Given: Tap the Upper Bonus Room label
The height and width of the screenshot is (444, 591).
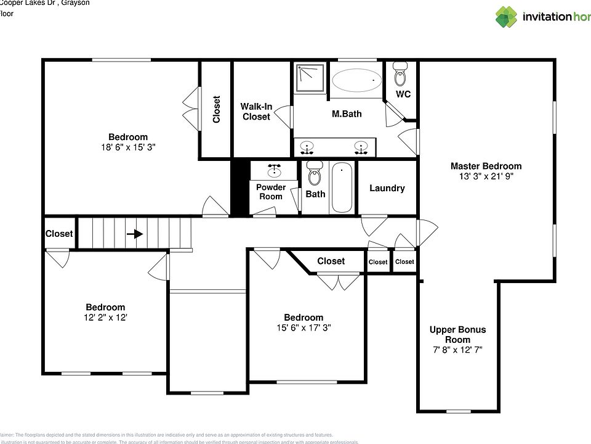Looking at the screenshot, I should point(457,334).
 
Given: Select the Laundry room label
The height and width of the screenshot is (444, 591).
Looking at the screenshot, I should point(387,188).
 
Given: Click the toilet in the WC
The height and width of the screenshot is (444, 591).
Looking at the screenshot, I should point(400,75).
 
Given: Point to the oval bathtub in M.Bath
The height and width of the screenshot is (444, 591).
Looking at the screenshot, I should point(356,81).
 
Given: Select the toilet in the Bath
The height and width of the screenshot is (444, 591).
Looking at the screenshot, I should point(315,174).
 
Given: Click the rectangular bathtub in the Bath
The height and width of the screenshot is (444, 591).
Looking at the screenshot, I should point(342,187).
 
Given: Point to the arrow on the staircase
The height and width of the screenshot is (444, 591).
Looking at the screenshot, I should point(135,234).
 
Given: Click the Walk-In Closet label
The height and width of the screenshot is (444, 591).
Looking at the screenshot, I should point(256,112).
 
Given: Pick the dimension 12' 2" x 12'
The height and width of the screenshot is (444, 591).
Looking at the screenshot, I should point(105,318).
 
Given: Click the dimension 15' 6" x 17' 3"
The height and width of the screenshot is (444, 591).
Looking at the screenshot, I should point(304,328).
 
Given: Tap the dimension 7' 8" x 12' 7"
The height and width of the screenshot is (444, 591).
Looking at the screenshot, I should point(457,350).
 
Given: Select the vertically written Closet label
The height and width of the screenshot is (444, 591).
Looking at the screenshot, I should point(216,109).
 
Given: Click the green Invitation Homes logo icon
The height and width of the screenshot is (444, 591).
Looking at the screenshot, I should point(507,17).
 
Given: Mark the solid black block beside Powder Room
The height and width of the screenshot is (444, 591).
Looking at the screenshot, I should point(239,187).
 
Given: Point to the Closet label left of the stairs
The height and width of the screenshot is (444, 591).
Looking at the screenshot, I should point(59,234).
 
